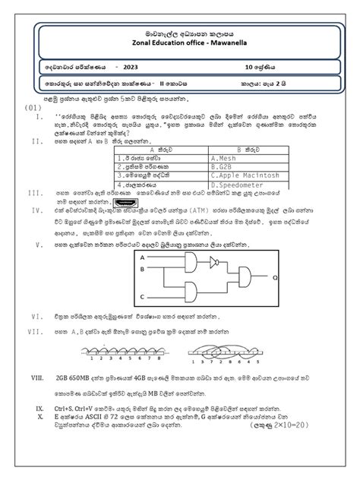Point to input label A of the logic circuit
pyautogui.click(x=141, y=257)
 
